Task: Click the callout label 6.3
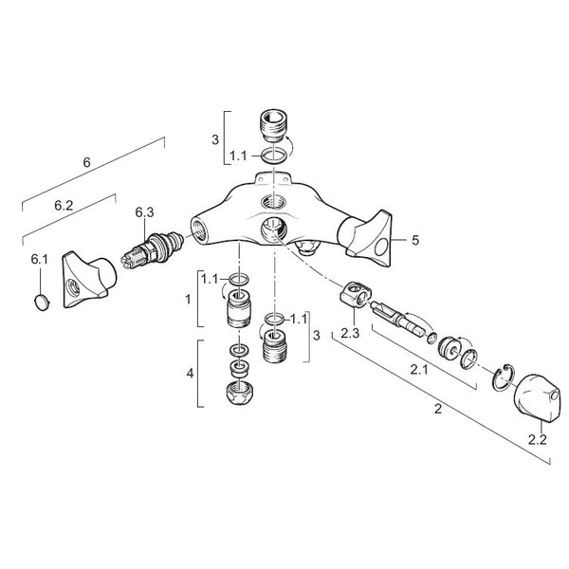click(144, 212)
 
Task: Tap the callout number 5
click(414, 240)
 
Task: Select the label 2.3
click(350, 333)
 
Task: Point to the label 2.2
click(538, 440)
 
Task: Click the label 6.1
click(39, 259)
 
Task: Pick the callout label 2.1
click(419, 370)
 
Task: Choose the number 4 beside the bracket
click(191, 373)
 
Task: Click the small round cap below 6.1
click(42, 303)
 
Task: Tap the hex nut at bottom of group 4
click(239, 394)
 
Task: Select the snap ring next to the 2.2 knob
click(504, 377)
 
